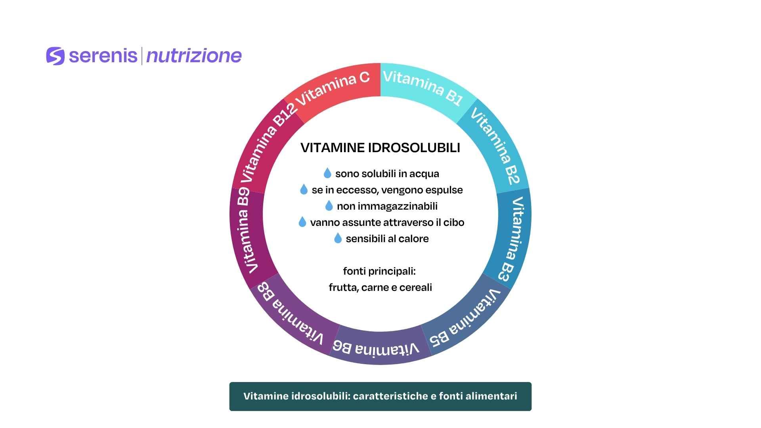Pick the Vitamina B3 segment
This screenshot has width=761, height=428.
pyautogui.click(x=514, y=238)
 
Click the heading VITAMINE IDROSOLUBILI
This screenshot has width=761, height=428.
pyautogui.click(x=380, y=148)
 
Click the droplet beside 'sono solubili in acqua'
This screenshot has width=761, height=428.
pyautogui.click(x=327, y=173)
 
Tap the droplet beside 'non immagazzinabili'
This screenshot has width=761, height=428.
pyautogui.click(x=329, y=206)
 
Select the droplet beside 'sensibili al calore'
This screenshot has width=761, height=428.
pyautogui.click(x=338, y=238)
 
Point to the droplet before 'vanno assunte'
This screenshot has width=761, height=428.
pyautogui.click(x=302, y=222)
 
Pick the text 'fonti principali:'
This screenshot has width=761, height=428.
pyautogui.click(x=379, y=271)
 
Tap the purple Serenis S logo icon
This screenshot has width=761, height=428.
pyautogui.click(x=55, y=56)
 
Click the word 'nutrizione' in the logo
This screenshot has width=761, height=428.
pyautogui.click(x=194, y=56)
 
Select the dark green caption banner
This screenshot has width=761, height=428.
pyautogui.click(x=380, y=396)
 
